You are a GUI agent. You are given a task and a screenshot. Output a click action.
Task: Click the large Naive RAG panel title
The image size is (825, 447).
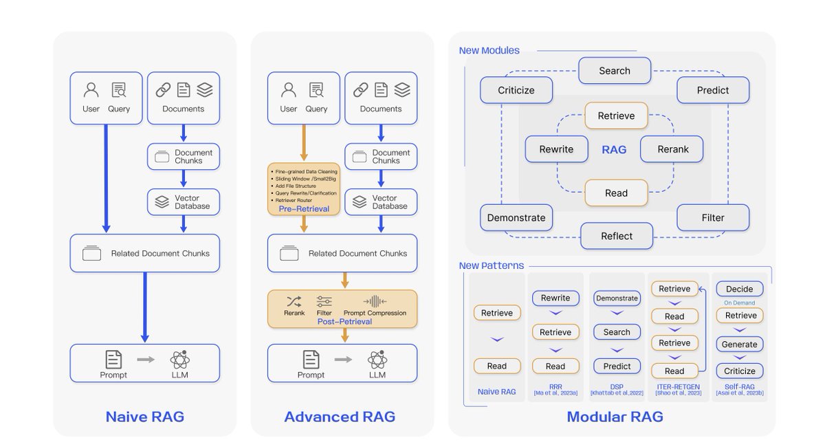(x=144, y=417)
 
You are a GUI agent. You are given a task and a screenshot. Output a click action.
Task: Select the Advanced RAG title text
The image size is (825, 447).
(x=340, y=417)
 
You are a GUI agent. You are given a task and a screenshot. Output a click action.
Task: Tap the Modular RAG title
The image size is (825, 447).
(x=615, y=417)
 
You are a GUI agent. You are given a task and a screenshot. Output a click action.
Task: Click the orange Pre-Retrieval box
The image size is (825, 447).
(x=303, y=189)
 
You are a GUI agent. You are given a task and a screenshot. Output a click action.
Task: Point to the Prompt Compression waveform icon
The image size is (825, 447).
(x=375, y=301)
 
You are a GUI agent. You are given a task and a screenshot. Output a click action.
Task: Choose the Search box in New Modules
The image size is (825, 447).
(x=614, y=71)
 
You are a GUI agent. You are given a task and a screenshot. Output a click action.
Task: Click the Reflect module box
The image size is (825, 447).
(x=616, y=236)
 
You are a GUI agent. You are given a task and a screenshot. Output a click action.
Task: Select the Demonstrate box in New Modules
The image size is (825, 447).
(x=516, y=218)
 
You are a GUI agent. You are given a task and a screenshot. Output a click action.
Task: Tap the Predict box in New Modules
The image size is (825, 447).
(x=712, y=90)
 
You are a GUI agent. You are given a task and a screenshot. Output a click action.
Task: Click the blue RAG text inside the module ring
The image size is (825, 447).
(x=614, y=149)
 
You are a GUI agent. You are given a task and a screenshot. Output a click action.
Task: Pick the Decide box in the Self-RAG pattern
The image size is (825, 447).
(x=739, y=289)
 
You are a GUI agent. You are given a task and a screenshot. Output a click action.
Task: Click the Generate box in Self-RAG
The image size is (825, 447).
(x=739, y=344)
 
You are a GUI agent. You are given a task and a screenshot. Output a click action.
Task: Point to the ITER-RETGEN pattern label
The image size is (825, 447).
(x=674, y=387)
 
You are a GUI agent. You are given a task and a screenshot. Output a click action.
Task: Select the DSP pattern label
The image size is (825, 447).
(x=617, y=387)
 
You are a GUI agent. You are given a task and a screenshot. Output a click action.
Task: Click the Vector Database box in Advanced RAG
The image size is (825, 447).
(x=380, y=202)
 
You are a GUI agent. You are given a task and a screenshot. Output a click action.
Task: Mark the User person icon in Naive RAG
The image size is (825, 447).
(x=91, y=90)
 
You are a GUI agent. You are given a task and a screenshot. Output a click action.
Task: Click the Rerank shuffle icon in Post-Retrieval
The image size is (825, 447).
(x=294, y=301)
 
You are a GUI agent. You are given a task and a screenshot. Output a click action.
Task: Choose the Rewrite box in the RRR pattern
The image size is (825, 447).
(x=555, y=298)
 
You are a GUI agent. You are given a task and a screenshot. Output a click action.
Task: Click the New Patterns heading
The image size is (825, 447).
(x=491, y=265)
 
